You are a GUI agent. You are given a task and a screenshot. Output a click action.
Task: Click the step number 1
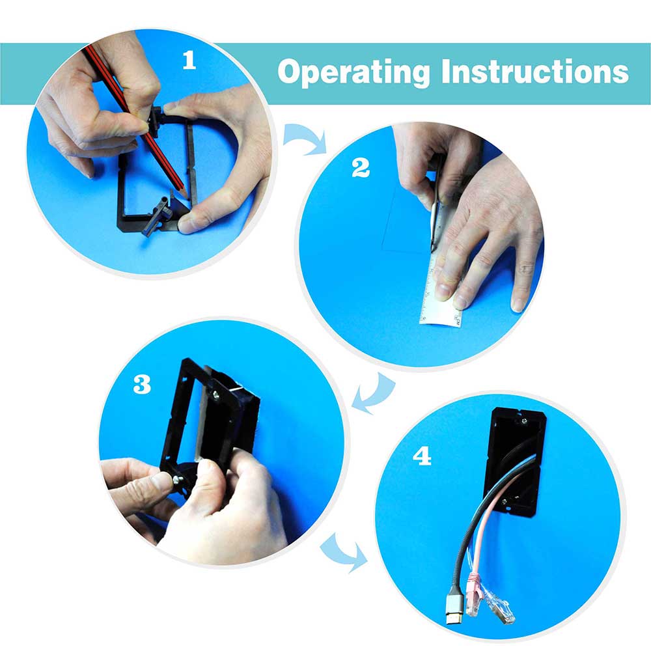click(x=189, y=61)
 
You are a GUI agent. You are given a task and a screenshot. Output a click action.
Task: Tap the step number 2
click(x=361, y=168)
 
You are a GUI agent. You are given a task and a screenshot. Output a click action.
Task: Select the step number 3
click(x=142, y=385)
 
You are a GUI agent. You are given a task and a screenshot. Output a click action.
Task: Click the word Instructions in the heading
click(x=534, y=71)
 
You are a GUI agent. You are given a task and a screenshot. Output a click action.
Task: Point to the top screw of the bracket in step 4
click(x=524, y=421)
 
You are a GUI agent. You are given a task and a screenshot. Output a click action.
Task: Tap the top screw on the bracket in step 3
click(x=216, y=395)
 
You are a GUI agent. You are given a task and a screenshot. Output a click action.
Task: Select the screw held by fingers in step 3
click(x=177, y=480)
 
